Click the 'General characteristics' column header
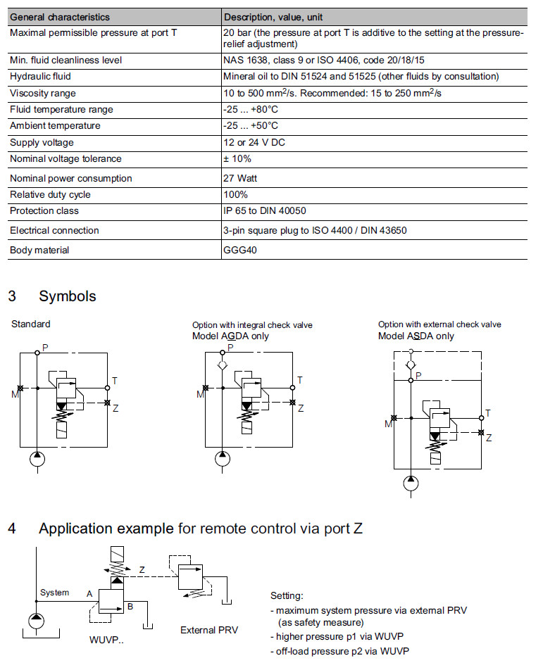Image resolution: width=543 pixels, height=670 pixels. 59,17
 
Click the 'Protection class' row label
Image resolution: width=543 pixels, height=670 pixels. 44,211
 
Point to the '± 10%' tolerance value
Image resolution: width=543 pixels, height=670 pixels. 237,159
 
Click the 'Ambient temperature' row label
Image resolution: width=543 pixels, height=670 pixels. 55,126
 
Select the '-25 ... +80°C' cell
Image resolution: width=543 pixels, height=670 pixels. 250,110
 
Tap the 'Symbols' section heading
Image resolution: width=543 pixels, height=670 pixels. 68,296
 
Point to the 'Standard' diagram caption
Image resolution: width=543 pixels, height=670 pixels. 31,324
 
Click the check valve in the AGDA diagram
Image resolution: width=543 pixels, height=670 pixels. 222,365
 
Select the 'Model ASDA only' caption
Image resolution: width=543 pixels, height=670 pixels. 416,336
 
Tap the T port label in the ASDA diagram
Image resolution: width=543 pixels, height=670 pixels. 488,412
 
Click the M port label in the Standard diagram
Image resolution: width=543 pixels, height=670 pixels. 14,394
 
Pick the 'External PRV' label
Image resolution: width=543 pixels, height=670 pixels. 209,630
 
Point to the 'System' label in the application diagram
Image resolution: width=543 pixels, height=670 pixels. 54,593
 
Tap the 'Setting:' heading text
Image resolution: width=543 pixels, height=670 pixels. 287,595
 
